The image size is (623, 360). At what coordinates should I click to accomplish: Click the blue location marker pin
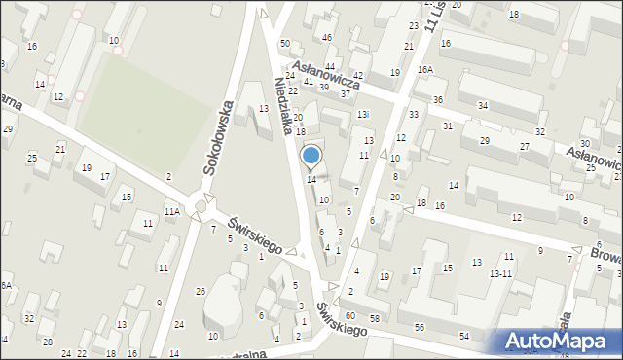(311, 156)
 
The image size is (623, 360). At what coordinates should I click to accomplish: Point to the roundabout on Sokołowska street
(203, 205)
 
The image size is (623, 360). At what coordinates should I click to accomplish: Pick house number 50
(285, 44)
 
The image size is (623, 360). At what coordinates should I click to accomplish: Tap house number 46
(327, 38)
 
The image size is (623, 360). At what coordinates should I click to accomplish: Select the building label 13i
(362, 115)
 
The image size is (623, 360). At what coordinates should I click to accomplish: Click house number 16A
(424, 70)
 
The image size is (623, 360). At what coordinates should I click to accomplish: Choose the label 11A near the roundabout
(171, 211)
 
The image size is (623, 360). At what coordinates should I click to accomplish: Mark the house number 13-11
(500, 274)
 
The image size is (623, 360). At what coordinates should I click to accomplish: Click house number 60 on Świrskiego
(349, 317)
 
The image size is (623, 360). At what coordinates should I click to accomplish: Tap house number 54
(464, 336)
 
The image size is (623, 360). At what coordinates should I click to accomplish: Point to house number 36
(438, 100)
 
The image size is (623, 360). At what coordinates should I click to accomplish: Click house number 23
(414, 26)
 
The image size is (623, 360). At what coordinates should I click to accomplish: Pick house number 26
(200, 292)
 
